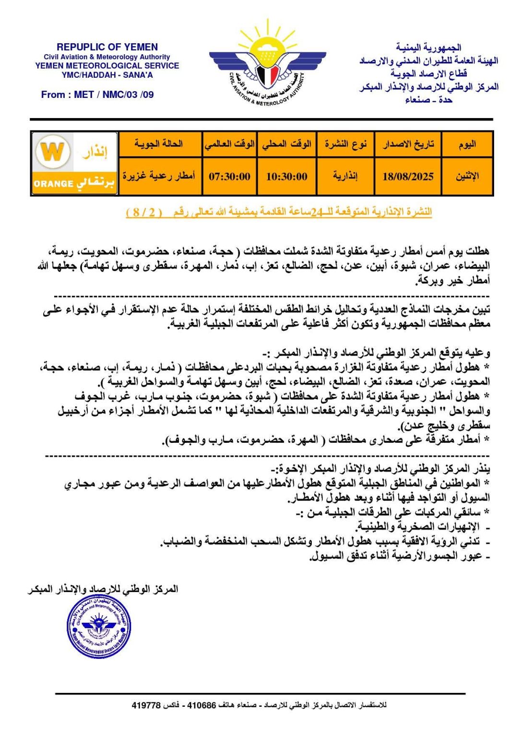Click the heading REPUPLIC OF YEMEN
pyautogui.click(x=107, y=47)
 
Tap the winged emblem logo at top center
pyautogui.click(x=267, y=67)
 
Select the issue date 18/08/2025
pyautogui.click(x=408, y=177)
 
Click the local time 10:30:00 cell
pyautogui.click(x=286, y=177)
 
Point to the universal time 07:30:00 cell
pyautogui.click(x=229, y=177)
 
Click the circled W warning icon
pyautogui.click(x=52, y=152)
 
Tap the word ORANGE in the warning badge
pyautogui.click(x=53, y=184)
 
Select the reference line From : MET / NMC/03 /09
pyautogui.click(x=97, y=95)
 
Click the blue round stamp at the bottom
pyautogui.click(x=99, y=626)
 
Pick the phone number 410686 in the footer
pyautogui.click(x=201, y=705)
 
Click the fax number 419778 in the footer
pyautogui.click(x=146, y=705)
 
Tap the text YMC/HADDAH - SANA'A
pyautogui.click(x=107, y=75)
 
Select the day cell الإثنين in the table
pyautogui.click(x=467, y=177)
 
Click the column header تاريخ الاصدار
pyautogui.click(x=408, y=144)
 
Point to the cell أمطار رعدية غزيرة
pyautogui.click(x=159, y=177)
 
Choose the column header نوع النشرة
pyautogui.click(x=345, y=144)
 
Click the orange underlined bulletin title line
pyautogui.click(x=279, y=212)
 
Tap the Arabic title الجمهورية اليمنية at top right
pyautogui.click(x=428, y=48)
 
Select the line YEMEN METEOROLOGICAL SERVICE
pyautogui.click(x=107, y=66)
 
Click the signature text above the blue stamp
pyautogui.click(x=103, y=589)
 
